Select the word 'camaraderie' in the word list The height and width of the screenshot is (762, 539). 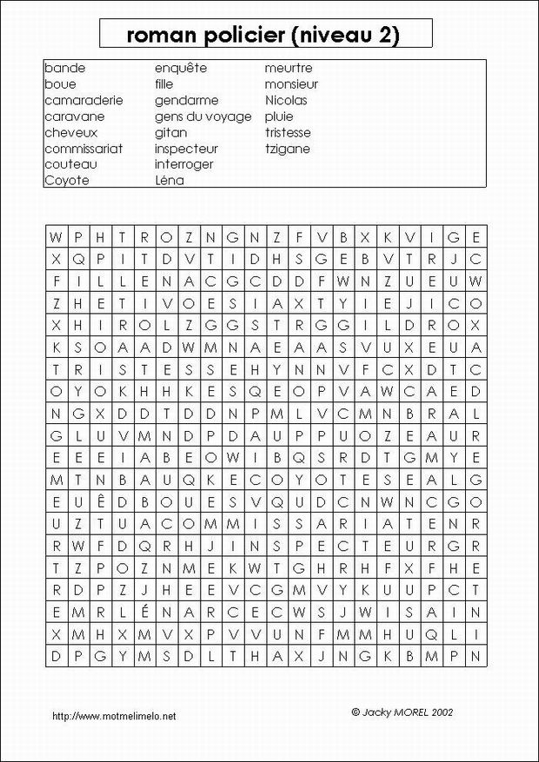point(83,100)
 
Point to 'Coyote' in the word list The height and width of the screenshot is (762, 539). point(66,181)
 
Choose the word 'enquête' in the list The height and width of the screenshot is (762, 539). point(181,68)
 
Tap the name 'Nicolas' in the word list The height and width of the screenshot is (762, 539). point(286,100)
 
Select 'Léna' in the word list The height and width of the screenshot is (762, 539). point(169,181)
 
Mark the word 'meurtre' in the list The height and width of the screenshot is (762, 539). point(289,68)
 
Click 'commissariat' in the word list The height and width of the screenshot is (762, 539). point(83,149)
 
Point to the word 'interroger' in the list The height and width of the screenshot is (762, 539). point(183,164)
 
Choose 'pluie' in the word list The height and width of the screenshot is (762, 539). point(279,116)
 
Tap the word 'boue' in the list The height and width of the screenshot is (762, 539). point(60,84)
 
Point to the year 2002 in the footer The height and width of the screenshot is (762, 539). point(441,711)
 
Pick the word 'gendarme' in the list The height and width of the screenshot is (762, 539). point(186,100)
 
